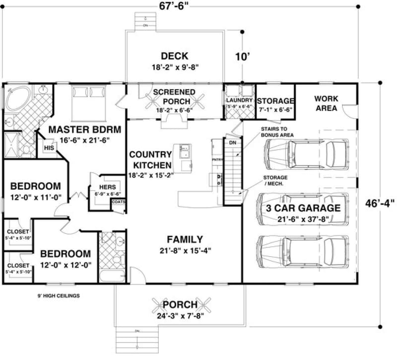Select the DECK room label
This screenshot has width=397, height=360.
pos(174,56)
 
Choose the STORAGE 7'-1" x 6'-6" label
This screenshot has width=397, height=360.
pos(275,101)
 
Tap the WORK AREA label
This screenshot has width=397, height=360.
pos(326,103)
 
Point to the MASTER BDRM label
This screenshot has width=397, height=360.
pos(85,130)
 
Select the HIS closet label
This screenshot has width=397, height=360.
pos(49,148)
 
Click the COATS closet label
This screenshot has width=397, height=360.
pos(118,202)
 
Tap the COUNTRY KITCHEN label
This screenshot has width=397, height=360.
pos(150,160)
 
